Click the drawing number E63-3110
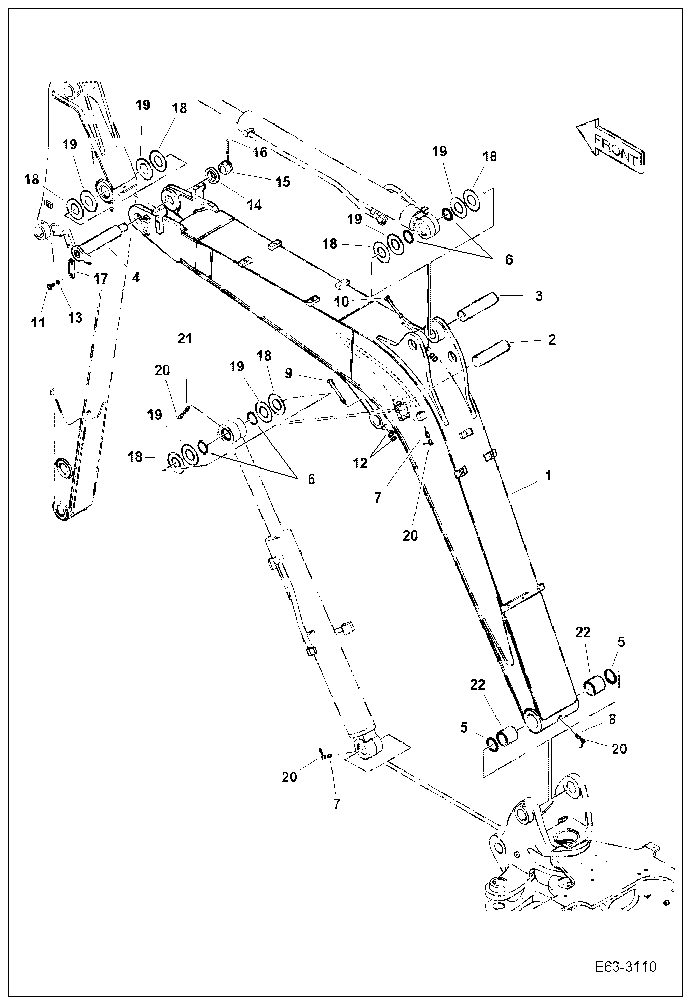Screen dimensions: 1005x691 pos(626,967)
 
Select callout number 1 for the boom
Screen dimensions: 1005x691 pos(548,475)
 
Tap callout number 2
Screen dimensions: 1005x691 pos(551,340)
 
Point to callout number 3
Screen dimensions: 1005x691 pos(539,296)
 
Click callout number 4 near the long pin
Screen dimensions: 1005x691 pos(135,278)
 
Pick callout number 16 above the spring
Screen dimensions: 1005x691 pos(259,152)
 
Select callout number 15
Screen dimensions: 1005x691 pos(283,182)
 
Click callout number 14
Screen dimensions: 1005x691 pos(254,204)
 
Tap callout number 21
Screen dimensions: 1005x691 pos(185,339)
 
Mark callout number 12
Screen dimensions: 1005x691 pos(360,463)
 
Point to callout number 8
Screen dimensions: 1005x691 pos(613,719)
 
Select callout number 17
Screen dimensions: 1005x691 pos(100,279)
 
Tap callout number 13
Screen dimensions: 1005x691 pos(75,318)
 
